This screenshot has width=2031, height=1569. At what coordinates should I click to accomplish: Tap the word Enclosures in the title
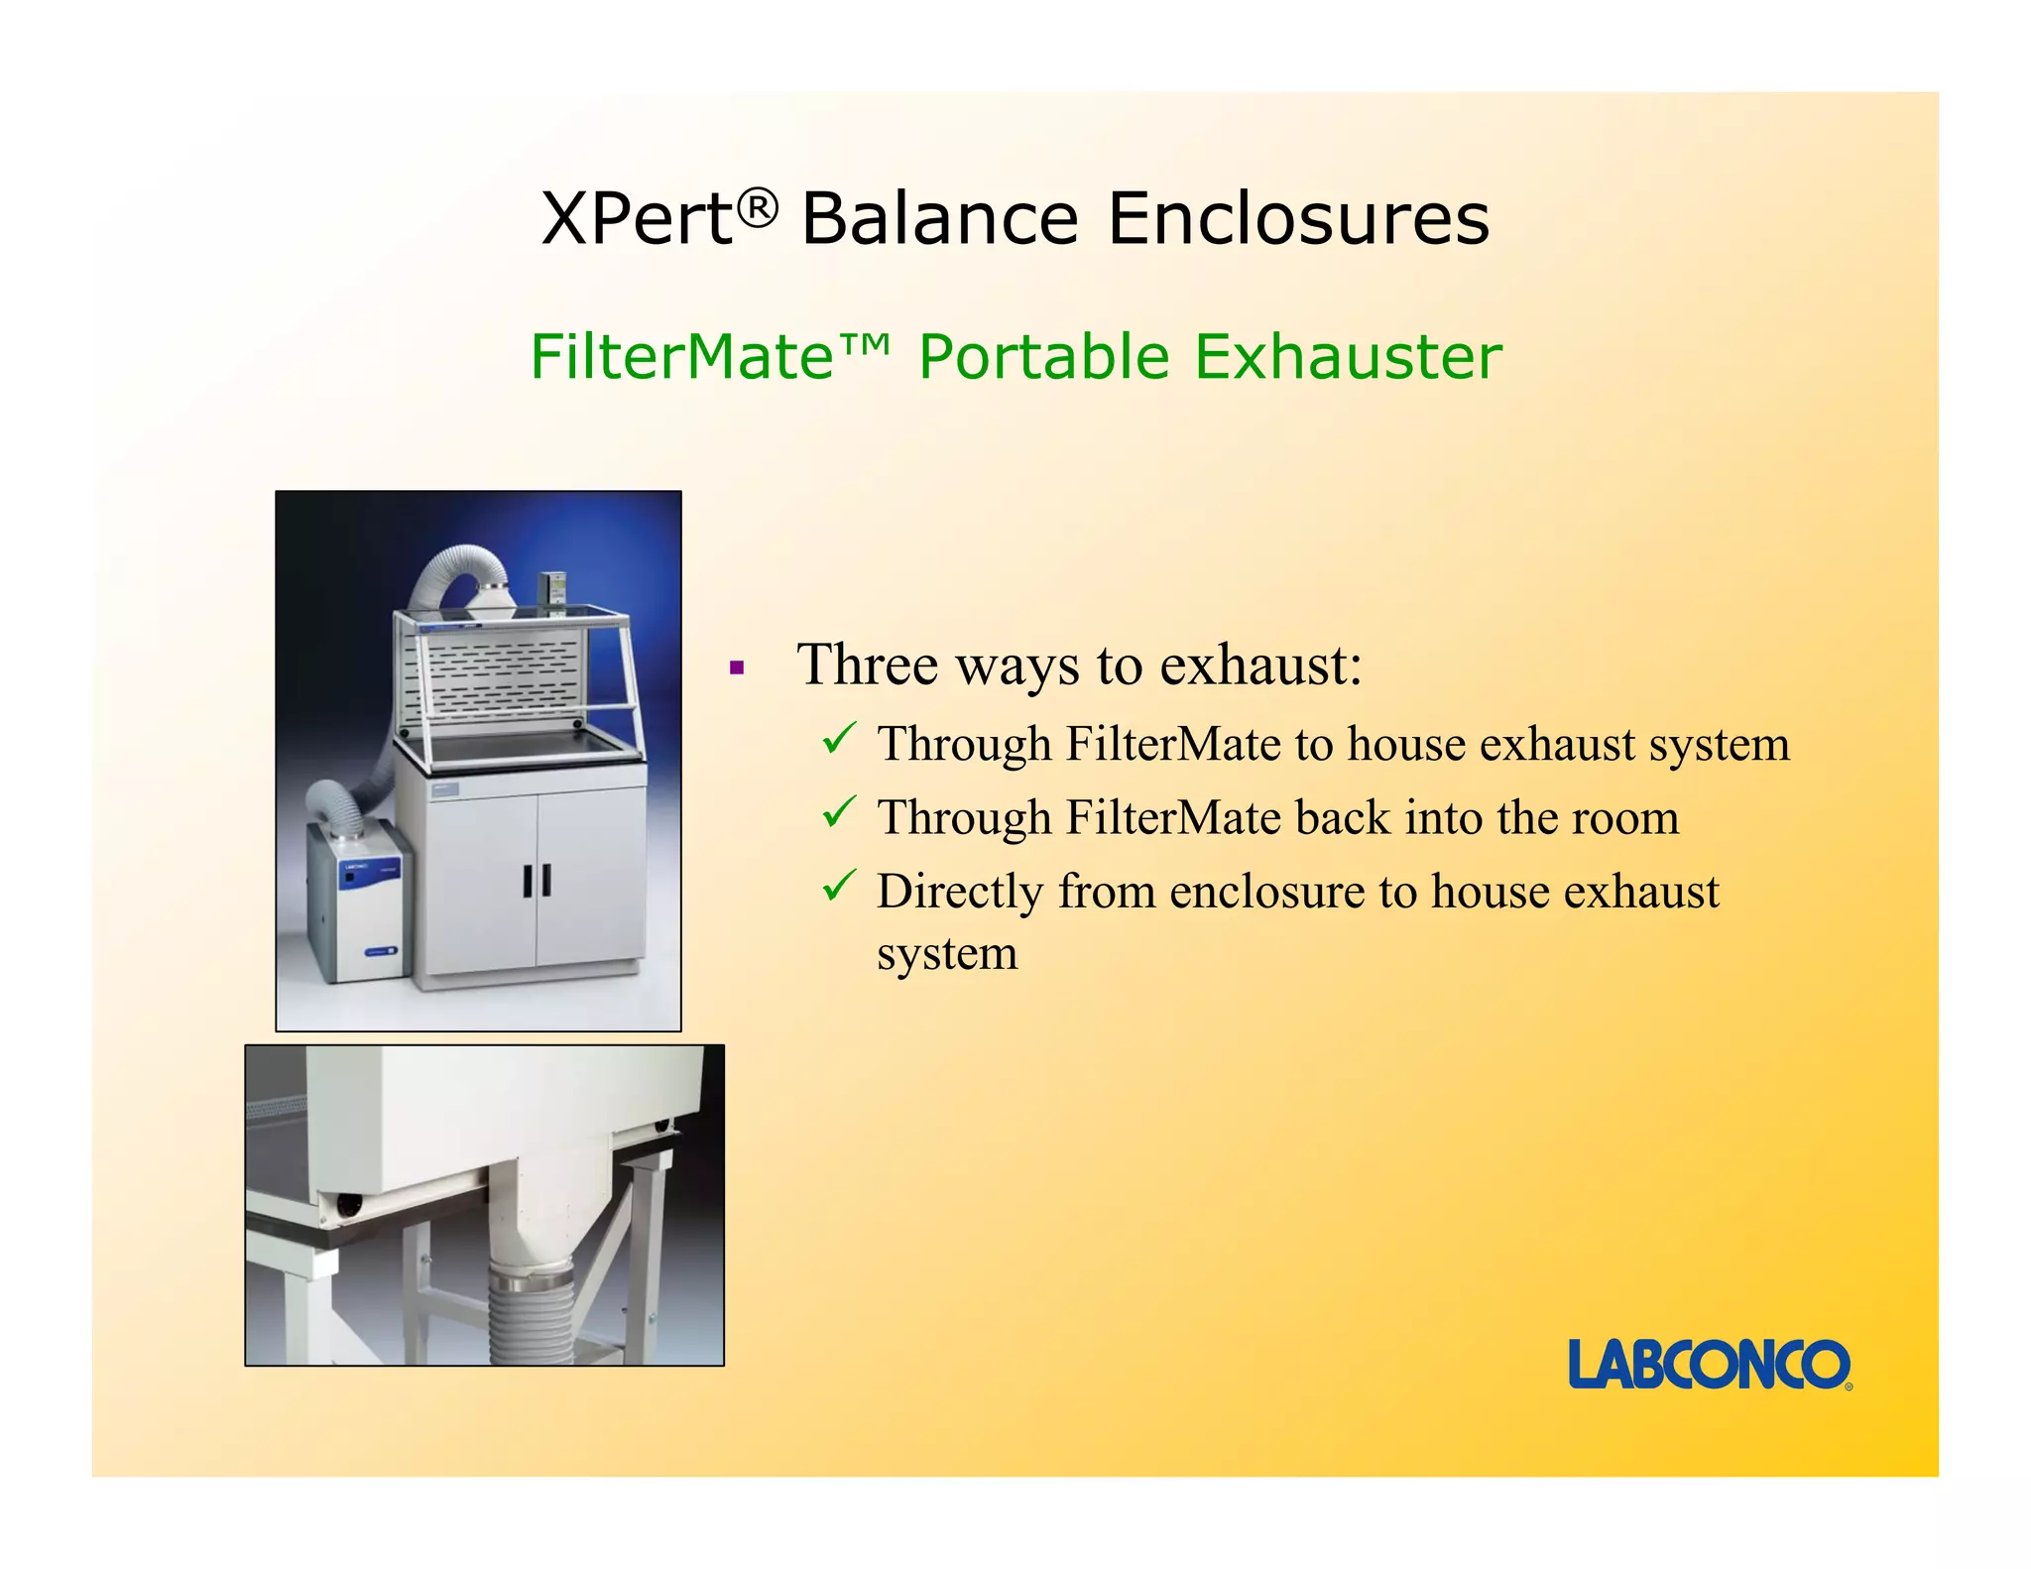[1298, 218]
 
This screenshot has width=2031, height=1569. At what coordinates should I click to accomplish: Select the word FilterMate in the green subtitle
[682, 357]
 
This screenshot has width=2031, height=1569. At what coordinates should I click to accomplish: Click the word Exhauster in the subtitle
[1349, 357]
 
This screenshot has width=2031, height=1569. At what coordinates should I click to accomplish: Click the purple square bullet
[736, 668]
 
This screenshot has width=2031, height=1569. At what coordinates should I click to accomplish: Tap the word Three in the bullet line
[868, 664]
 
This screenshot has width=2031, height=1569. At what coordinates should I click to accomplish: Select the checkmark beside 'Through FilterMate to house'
[839, 739]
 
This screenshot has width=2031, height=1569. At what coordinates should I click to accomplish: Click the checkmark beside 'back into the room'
[839, 813]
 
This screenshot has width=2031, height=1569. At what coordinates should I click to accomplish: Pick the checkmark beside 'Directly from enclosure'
[839, 886]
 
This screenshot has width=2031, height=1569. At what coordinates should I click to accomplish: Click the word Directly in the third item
[959, 892]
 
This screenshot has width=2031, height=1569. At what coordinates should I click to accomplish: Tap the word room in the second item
[1625, 818]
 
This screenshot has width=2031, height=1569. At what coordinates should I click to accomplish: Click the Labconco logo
[1709, 1365]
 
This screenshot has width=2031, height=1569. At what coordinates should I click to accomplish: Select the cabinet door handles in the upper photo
[537, 880]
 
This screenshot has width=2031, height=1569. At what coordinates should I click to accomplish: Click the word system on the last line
[947, 954]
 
